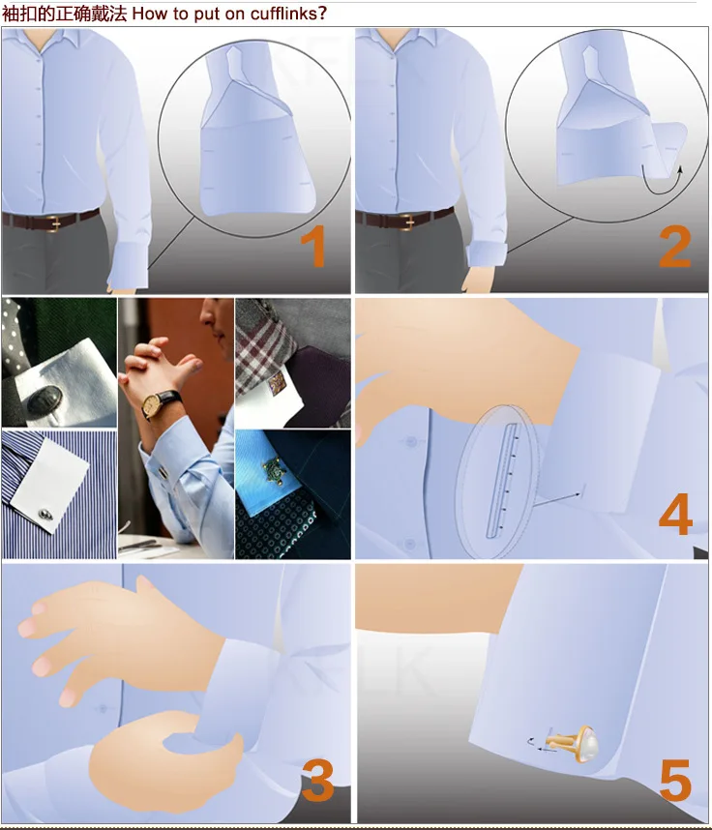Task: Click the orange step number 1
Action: coord(313,246)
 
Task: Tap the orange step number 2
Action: coord(675,246)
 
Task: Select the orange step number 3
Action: coord(317,780)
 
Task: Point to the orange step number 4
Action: coord(675,514)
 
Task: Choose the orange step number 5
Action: coord(675,780)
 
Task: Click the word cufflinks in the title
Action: coord(288,14)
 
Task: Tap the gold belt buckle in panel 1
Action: coord(53,222)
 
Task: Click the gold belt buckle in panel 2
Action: coord(406,222)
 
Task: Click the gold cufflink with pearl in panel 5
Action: coord(575,742)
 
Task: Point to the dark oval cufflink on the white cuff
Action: coord(44,401)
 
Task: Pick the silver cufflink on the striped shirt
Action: coord(45,514)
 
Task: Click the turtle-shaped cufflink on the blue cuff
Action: coord(274,468)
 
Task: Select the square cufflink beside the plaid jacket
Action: coord(278,382)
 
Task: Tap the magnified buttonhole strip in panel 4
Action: coord(503,481)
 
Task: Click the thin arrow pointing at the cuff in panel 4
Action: coord(558,499)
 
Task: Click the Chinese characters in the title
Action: coord(64,14)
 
